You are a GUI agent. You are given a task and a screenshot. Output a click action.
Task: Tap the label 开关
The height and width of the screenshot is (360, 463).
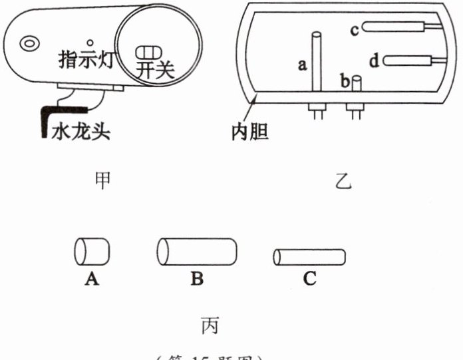(x=154, y=69)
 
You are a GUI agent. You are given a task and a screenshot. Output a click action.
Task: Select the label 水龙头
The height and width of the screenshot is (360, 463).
(x=80, y=132)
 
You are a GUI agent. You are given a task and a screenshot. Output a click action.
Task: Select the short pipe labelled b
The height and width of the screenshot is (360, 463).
(x=357, y=85)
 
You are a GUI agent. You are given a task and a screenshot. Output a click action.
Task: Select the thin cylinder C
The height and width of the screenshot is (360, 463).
(x=309, y=256)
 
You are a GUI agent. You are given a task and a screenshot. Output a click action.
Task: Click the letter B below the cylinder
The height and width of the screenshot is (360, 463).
(x=196, y=279)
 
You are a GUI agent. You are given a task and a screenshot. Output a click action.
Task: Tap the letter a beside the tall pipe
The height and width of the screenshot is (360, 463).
(x=303, y=65)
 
